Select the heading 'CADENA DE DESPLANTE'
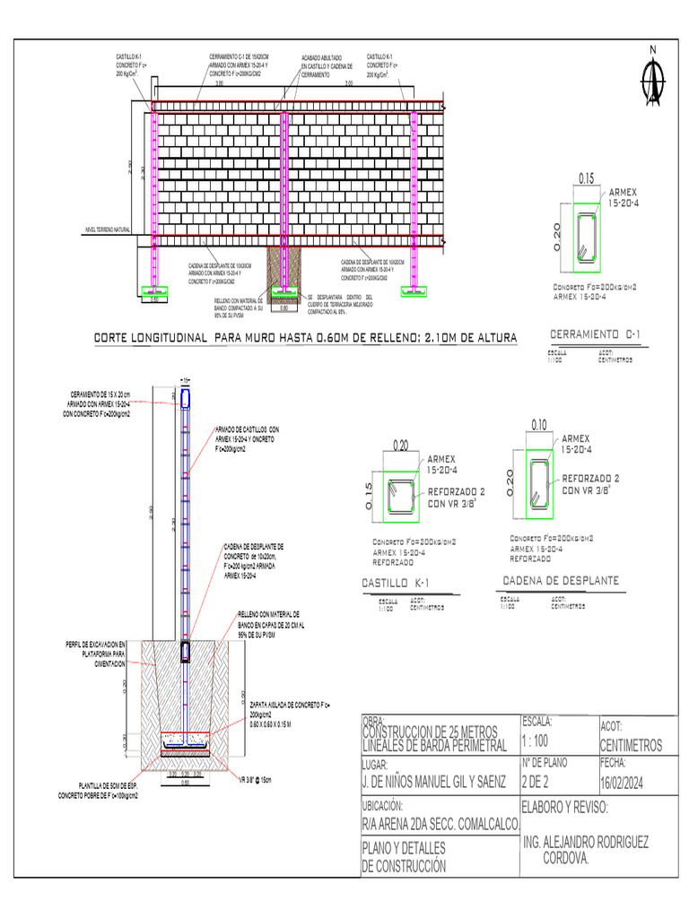(x=560, y=581)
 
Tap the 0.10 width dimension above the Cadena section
(x=539, y=424)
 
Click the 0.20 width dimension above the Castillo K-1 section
(x=400, y=445)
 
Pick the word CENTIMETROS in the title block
(x=631, y=746)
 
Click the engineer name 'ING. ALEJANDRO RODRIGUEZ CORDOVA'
(x=585, y=850)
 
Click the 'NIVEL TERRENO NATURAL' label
(x=108, y=230)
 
